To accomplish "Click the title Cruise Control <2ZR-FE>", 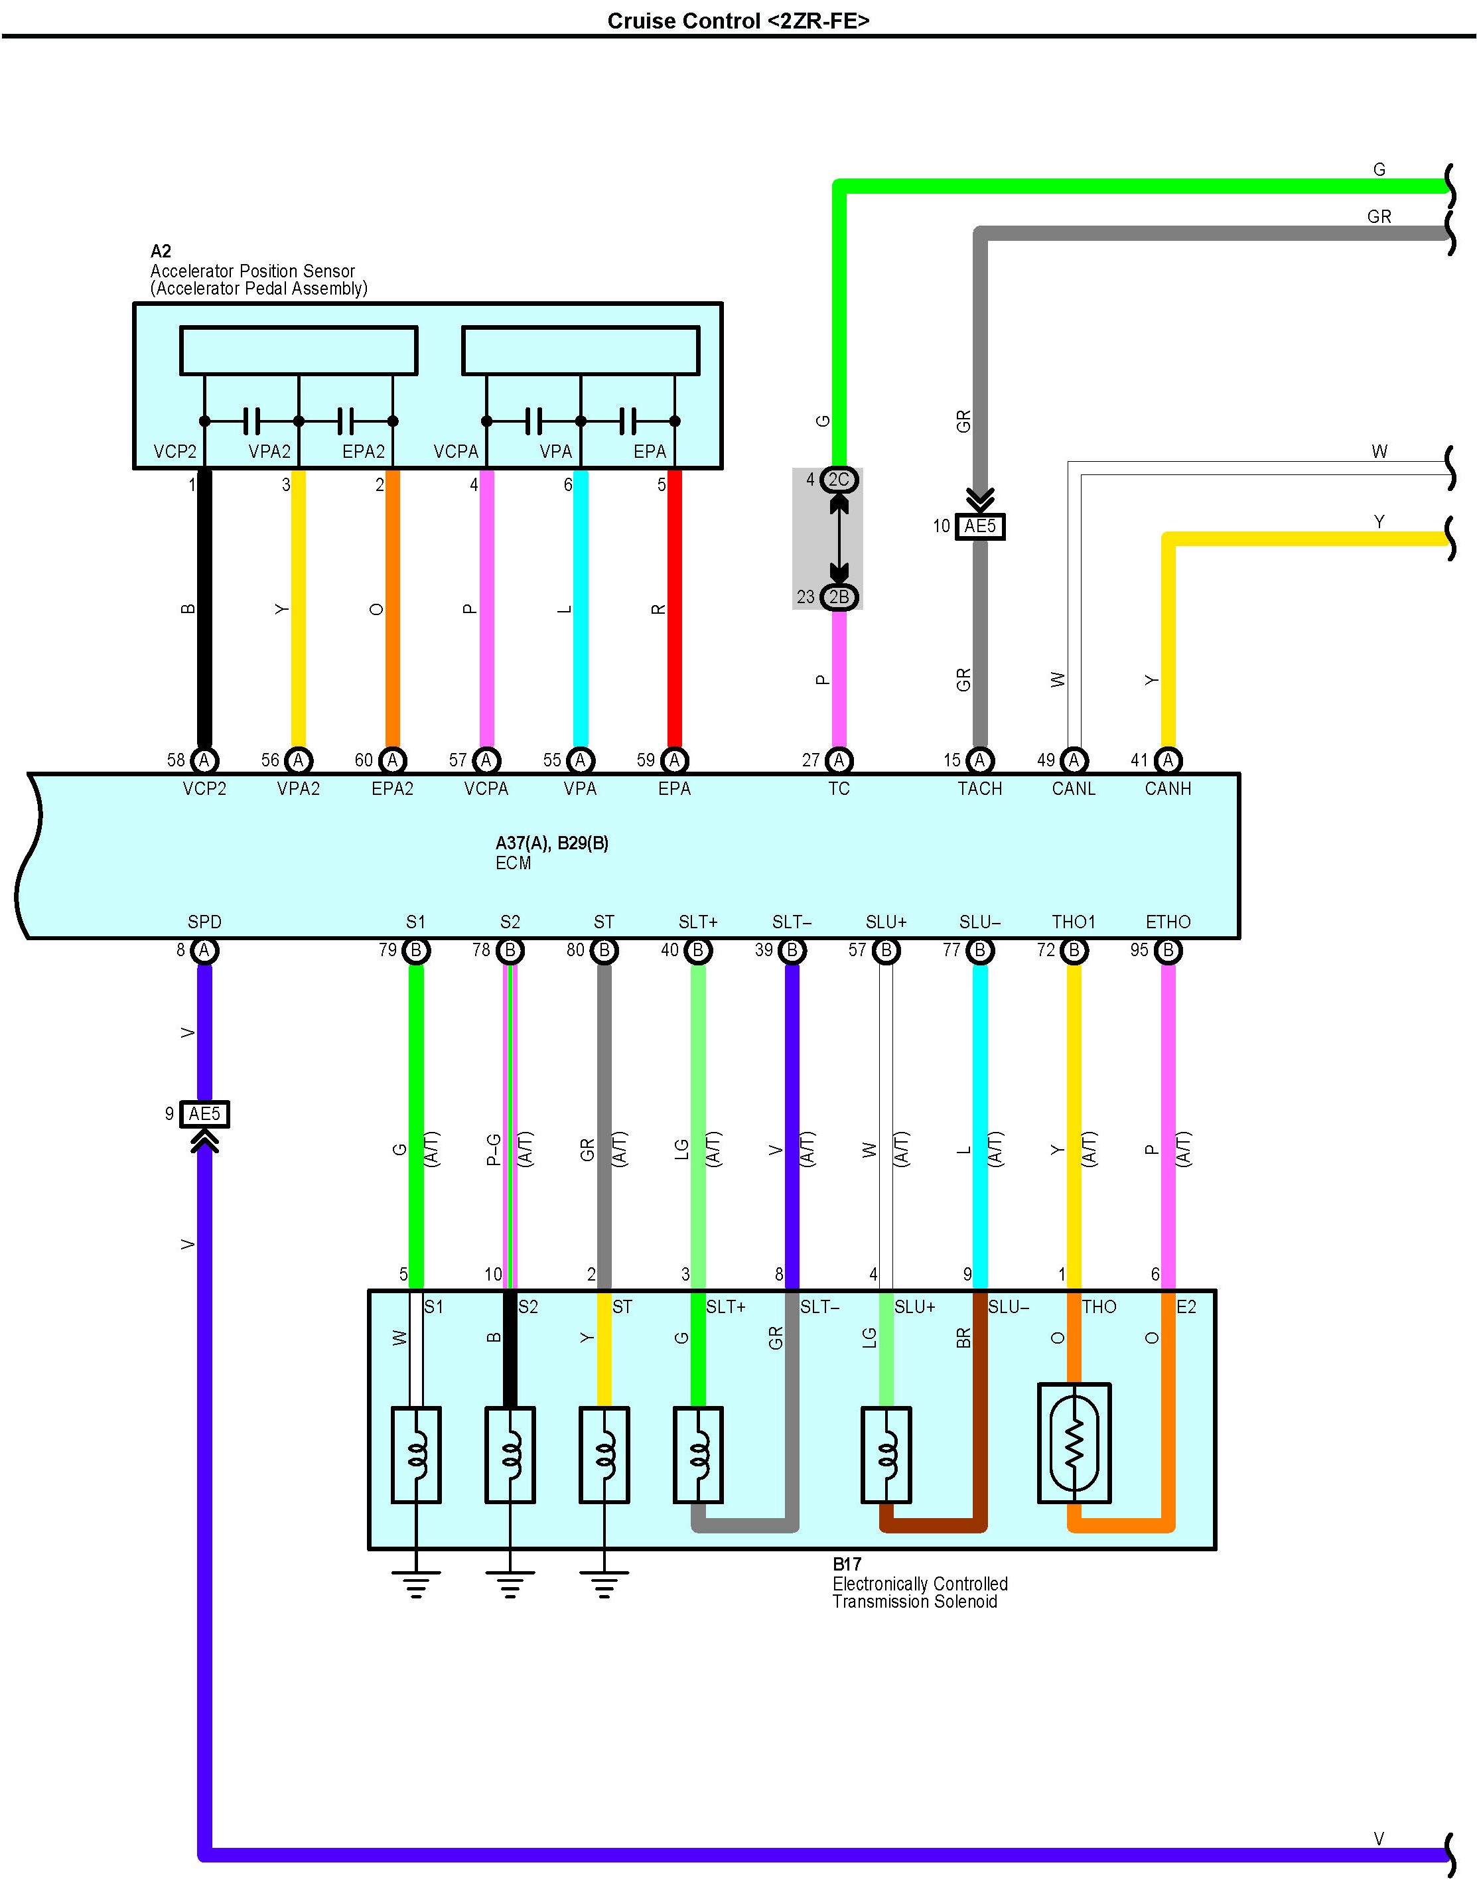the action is (738, 21).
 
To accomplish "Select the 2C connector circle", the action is (838, 480).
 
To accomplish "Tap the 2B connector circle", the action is (838, 597).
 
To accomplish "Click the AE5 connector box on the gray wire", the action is (980, 526).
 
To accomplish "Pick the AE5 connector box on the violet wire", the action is (204, 1113).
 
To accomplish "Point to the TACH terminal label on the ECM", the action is (980, 789).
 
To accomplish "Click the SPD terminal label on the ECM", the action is (204, 922).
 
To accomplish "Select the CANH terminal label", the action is (1168, 789).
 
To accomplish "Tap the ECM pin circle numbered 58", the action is (204, 760).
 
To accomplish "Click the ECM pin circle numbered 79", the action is (415, 951).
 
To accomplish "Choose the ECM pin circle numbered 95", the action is (1168, 951).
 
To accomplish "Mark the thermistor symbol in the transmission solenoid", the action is (1074, 1442).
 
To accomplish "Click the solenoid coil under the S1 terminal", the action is (417, 1454).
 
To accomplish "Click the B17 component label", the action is (847, 1564).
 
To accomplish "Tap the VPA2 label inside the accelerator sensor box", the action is (269, 452).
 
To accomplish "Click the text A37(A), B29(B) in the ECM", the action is (552, 843).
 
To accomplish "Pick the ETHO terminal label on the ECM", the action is (1168, 922).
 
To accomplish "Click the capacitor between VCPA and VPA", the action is (533, 422).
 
